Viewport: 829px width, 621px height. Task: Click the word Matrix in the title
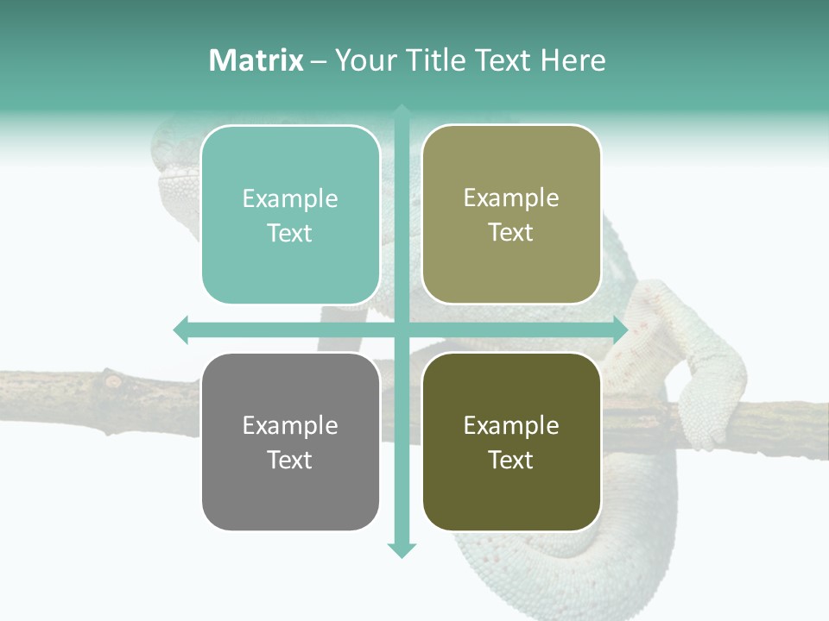pos(256,60)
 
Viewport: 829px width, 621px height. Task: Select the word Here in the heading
pos(573,60)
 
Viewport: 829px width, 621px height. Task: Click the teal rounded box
pos(290,215)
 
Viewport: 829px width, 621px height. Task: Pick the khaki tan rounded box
pos(511,215)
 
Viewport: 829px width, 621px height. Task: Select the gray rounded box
pos(290,442)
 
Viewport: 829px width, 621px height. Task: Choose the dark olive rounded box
pos(511,442)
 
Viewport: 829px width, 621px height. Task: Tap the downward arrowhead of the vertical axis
pos(402,550)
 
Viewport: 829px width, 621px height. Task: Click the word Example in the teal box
pos(290,199)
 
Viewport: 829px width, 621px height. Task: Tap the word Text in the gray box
pos(290,460)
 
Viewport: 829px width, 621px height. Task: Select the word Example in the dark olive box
pos(511,425)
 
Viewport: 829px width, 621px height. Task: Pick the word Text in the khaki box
pos(511,233)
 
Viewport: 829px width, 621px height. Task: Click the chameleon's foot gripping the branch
pos(704,414)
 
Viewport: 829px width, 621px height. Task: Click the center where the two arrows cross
pos(402,329)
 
